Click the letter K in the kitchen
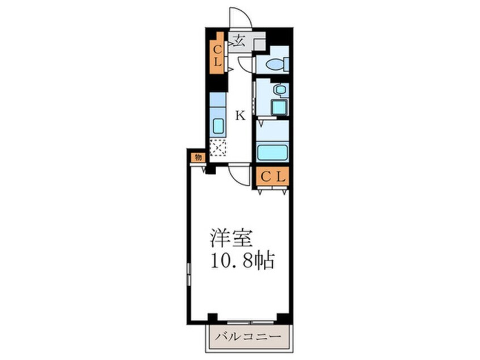coord(240,116)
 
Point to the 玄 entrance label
coord(239,40)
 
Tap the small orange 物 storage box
coord(197,157)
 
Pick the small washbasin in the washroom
coord(279,90)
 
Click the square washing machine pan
coord(278,107)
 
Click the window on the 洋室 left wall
coord(188,275)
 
